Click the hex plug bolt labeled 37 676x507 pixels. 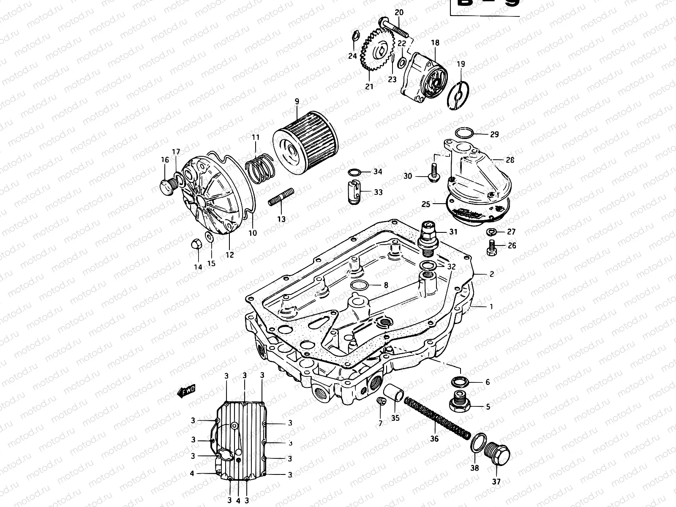point(499,455)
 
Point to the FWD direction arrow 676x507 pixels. point(186,393)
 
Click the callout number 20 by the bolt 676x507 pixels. point(399,12)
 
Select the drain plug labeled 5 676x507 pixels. point(459,402)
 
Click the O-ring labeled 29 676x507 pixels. point(464,134)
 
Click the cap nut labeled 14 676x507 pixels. point(196,244)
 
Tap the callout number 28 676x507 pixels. point(510,160)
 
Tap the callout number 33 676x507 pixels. point(378,192)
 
